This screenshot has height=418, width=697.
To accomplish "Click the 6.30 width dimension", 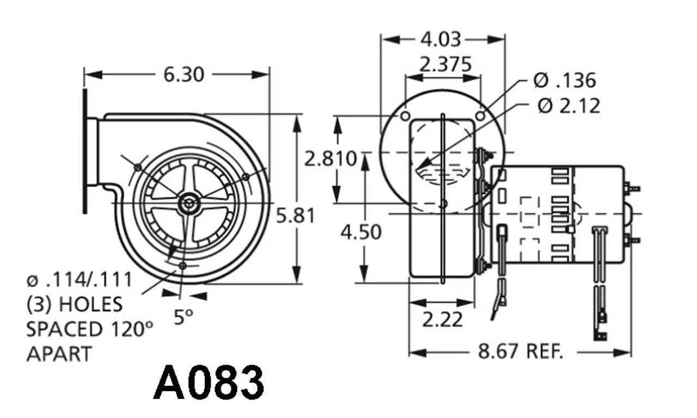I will tap(184, 74).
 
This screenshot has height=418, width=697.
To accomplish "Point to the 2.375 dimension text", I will tap(445, 64).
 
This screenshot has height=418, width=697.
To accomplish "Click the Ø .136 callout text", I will tap(565, 81).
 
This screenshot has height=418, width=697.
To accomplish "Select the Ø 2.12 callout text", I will tap(568, 106).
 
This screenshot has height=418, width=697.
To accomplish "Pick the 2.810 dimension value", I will tap(331, 159).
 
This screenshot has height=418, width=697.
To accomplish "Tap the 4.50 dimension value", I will tap(361, 232).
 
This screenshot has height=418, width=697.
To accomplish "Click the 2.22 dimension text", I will tap(443, 319).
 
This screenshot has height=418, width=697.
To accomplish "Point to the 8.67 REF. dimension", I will tap(520, 352).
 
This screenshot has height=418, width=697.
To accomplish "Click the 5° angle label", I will tap(183, 317).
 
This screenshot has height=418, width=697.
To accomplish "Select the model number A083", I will tap(209, 383).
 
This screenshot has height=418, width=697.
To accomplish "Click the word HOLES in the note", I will tap(91, 304).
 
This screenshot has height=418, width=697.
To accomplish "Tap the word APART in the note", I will tap(59, 354).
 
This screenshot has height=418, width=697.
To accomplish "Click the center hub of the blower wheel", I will tap(188, 204).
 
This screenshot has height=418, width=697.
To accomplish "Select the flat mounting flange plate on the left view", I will tap(85, 151).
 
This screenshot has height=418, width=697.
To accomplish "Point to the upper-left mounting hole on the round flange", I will tap(405, 116).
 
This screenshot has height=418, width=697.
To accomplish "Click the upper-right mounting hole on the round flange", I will tap(480, 116).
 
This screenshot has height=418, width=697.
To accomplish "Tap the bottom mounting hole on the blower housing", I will tap(182, 266).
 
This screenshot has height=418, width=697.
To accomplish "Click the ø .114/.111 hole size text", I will tap(79, 280).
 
